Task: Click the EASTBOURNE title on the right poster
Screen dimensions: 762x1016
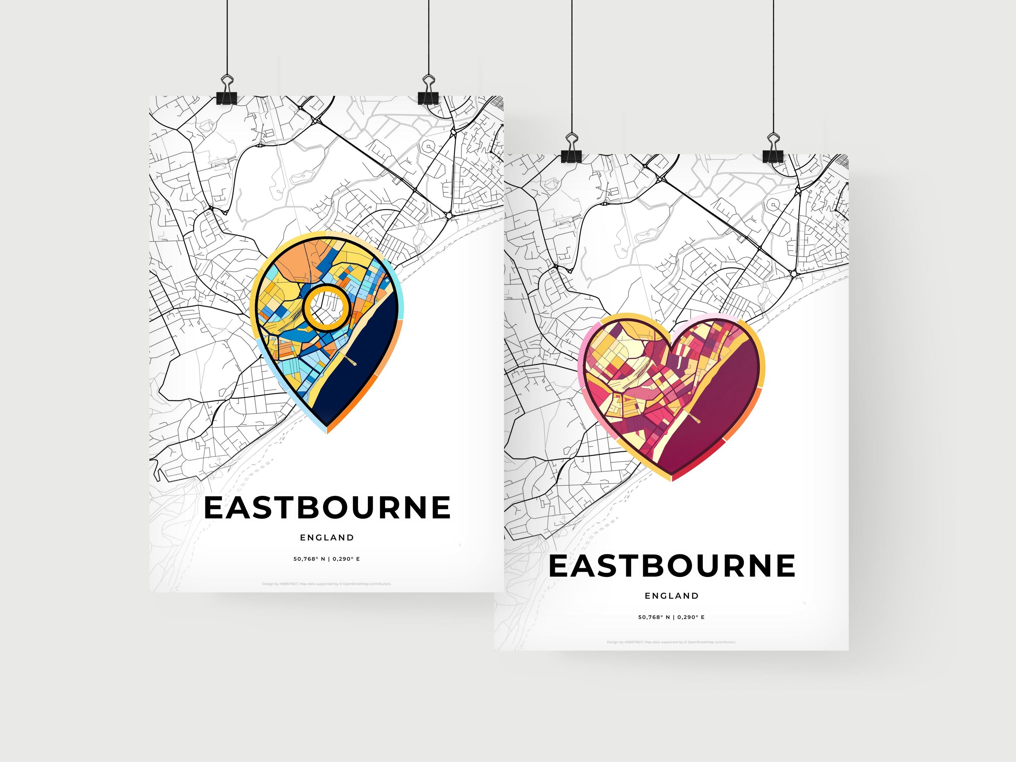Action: (672, 566)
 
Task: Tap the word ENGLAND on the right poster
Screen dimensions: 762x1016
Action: (672, 596)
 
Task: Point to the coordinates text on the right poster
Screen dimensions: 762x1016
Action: (672, 617)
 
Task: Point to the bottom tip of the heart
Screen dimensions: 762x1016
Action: (672, 480)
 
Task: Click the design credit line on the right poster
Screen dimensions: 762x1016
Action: (672, 642)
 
